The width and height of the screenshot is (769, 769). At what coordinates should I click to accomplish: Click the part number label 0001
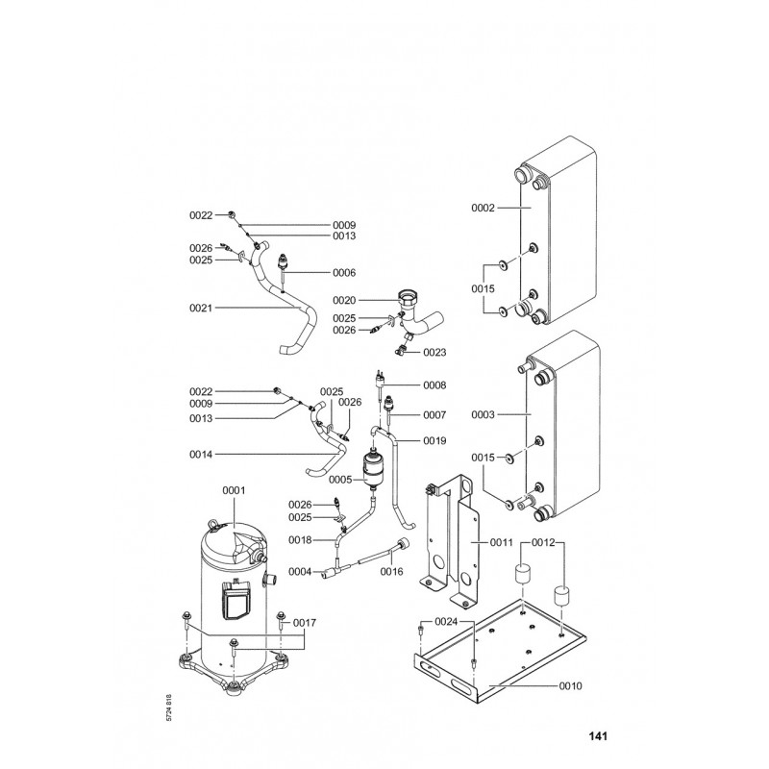point(235,490)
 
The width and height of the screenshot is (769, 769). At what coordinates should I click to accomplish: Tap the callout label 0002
point(483,207)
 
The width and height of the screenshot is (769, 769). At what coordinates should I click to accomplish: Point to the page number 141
point(598,738)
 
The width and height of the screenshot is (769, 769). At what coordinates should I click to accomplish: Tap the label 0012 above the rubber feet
point(571,544)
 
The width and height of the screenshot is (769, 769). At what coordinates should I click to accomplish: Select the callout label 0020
point(346,300)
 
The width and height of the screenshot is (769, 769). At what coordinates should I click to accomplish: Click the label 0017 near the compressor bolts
point(306,623)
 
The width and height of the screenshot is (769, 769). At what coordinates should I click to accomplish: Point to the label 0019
point(435,441)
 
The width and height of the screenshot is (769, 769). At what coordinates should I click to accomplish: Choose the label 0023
point(434,352)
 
